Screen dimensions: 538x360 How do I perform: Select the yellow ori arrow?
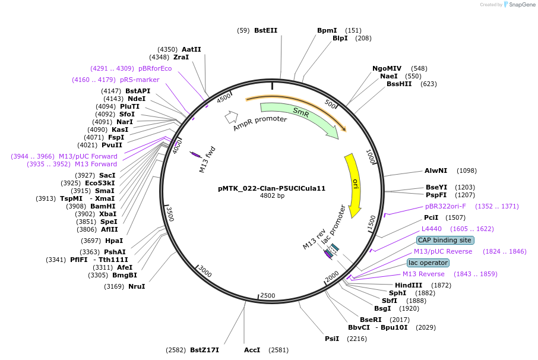coord(355,184)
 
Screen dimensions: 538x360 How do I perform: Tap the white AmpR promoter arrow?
coord(231,117)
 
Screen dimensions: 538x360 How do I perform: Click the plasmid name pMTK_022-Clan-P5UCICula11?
coord(272,188)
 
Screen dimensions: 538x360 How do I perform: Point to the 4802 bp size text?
coord(272,195)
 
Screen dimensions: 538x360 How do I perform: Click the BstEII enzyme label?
coord(265,30)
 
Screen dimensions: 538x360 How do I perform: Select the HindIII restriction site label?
coord(409,285)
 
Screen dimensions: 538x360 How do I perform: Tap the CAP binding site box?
coord(445,240)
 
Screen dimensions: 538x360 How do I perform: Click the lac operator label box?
coord(428,263)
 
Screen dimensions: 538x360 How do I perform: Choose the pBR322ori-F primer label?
coord(445,206)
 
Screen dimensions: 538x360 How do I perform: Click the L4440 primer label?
coord(431,229)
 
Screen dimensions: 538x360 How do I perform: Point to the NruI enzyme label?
coord(137,286)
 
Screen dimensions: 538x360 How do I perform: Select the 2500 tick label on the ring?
coord(268,295)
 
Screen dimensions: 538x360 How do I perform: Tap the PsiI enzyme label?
coord(332,339)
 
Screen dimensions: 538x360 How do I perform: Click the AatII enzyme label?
coord(191,49)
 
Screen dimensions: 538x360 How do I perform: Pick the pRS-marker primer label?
coord(140,80)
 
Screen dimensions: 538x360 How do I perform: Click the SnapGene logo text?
coord(522,5)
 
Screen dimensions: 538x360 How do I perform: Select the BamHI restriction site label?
coord(103,206)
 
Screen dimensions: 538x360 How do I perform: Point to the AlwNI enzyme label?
coord(436,170)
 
